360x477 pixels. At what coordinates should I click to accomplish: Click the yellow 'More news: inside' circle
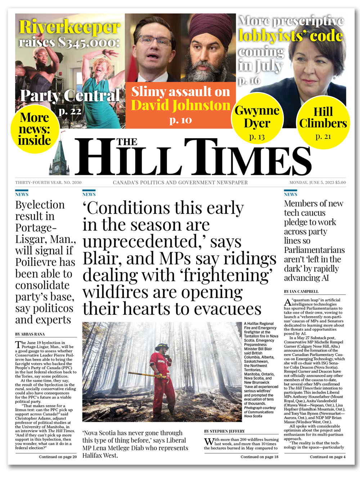34,129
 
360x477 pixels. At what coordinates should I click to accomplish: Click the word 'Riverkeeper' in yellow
69,27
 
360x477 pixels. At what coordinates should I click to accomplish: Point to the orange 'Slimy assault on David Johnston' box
180,104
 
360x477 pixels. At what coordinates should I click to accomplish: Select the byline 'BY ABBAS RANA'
30,334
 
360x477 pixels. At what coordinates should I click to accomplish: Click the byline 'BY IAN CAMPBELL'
301,291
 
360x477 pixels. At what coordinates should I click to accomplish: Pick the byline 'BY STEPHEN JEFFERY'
224,431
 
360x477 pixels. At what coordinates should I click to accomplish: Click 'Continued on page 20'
58,457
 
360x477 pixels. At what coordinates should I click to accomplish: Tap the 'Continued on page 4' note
328,457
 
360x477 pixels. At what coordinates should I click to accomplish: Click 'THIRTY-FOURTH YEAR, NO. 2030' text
48,182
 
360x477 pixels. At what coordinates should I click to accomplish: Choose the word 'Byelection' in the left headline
40,205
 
